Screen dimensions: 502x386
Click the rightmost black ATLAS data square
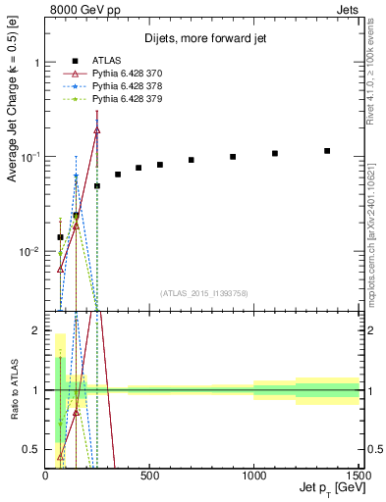327,151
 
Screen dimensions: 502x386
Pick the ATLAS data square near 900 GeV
233,157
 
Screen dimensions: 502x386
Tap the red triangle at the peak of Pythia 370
97,129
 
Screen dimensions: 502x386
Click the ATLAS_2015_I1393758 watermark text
203,292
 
